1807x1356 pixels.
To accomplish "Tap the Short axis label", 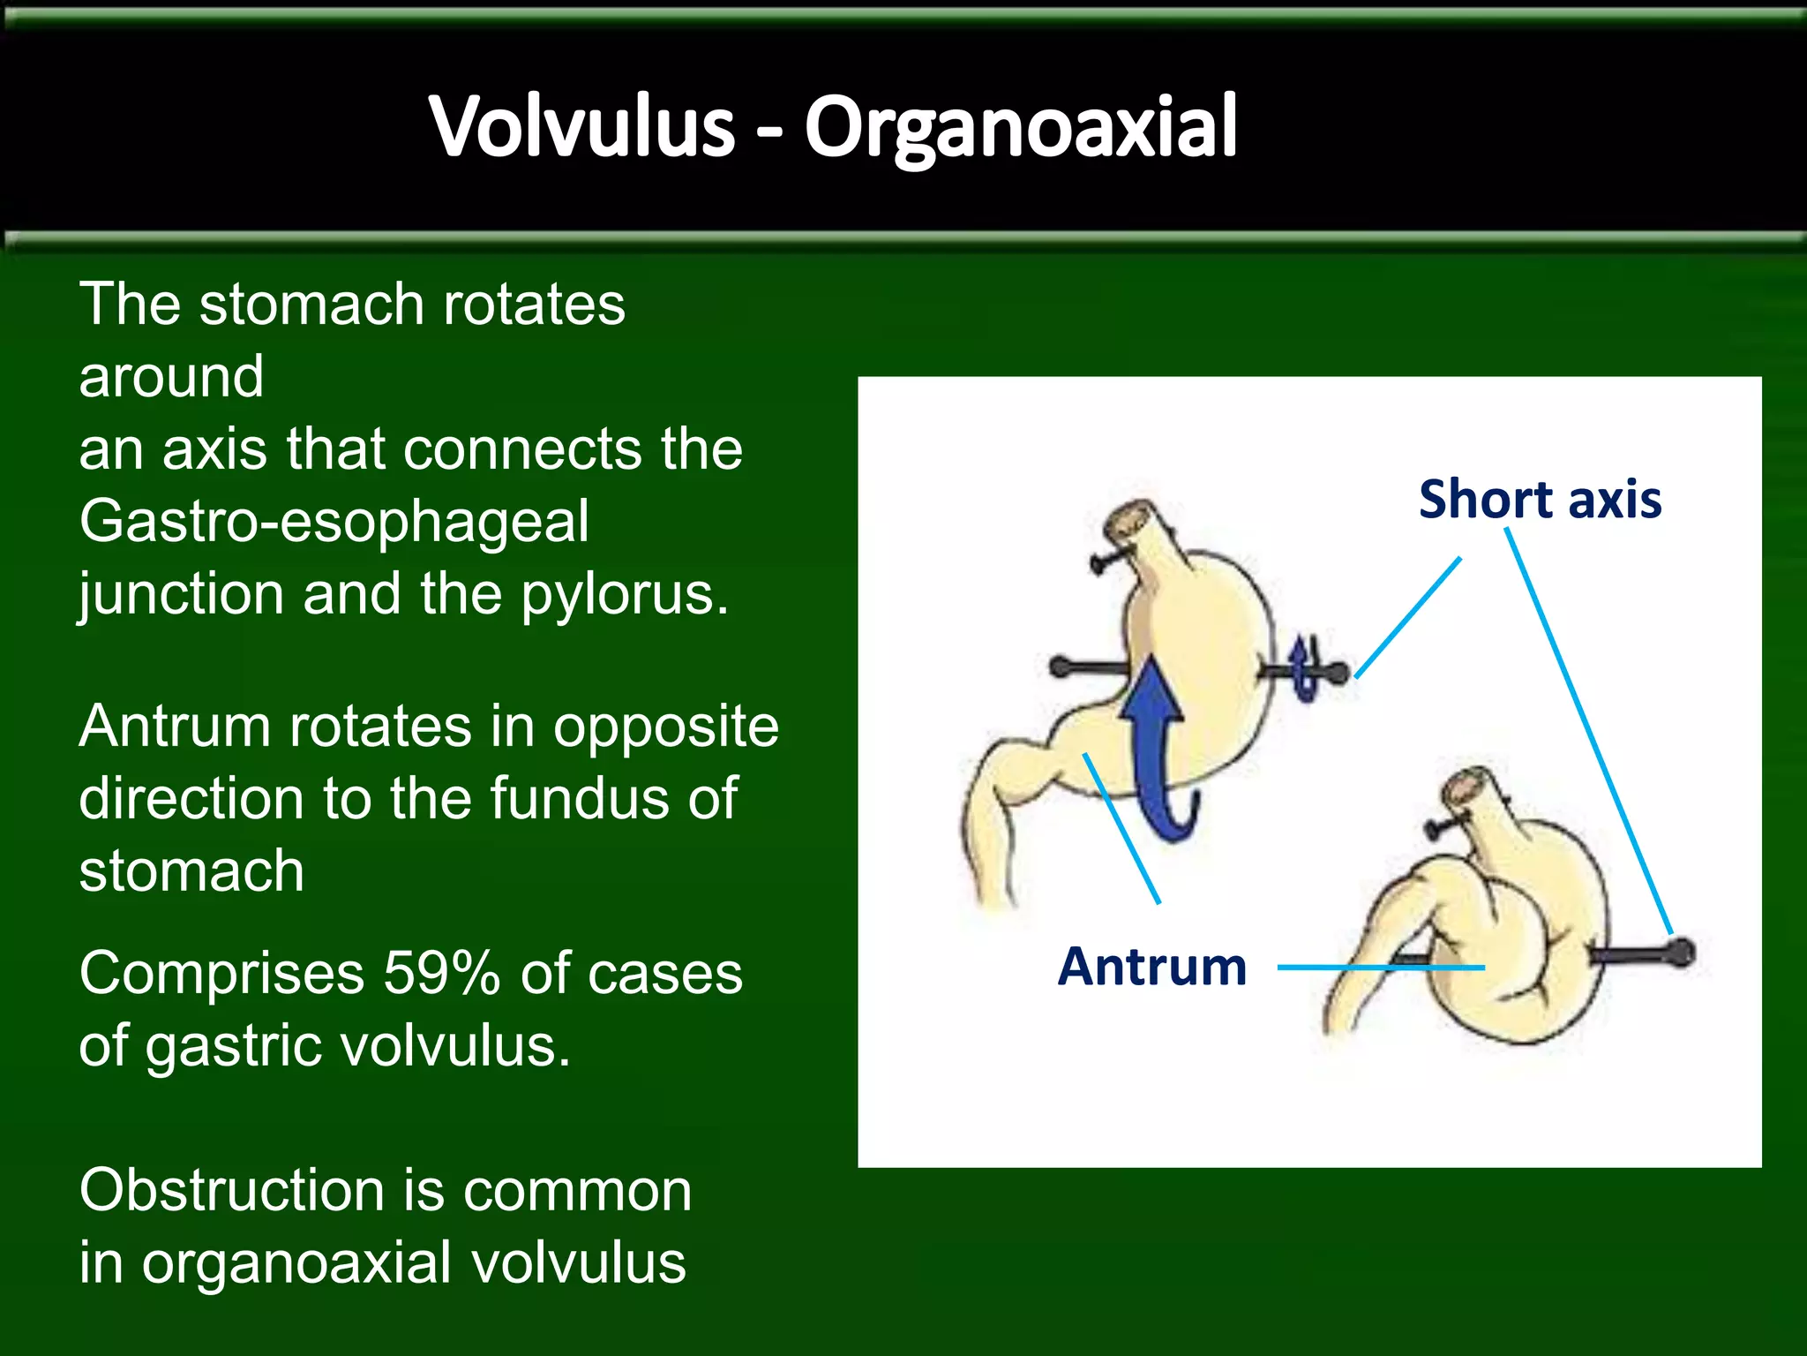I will (x=1540, y=499).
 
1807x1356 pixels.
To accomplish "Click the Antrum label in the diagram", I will (x=1151, y=966).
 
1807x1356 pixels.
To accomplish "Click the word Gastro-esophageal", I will (x=334, y=521).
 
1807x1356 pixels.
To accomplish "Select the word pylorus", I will (x=625, y=594).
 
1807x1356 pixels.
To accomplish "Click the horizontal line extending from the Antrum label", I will (x=1381, y=968).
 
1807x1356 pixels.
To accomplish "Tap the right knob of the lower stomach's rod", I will (x=1682, y=953).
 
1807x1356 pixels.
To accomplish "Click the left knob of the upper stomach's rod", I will (x=1060, y=667).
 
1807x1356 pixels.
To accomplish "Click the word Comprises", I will (x=221, y=973).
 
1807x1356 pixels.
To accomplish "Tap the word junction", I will (x=181, y=594).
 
